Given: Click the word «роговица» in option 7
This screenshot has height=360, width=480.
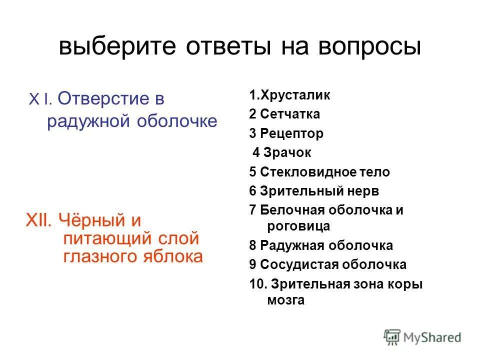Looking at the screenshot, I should pyautogui.click(x=299, y=226).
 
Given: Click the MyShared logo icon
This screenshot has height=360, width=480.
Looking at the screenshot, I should pyautogui.click(x=393, y=336).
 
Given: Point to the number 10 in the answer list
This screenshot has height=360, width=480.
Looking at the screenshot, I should pyautogui.click(x=256, y=284).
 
